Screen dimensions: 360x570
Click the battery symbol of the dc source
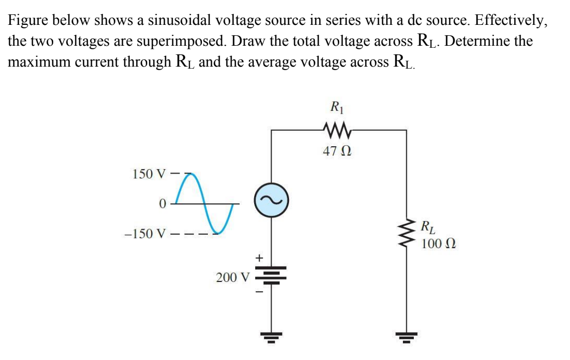pyautogui.click(x=271, y=276)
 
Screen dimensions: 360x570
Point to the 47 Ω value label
pyautogui.click(x=337, y=152)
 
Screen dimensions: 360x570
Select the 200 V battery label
pyautogui.click(x=232, y=277)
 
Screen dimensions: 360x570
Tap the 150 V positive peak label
pyautogui.click(x=148, y=174)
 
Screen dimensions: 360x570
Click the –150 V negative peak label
pyautogui.click(x=145, y=234)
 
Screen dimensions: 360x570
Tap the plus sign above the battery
pyautogui.click(x=258, y=258)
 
